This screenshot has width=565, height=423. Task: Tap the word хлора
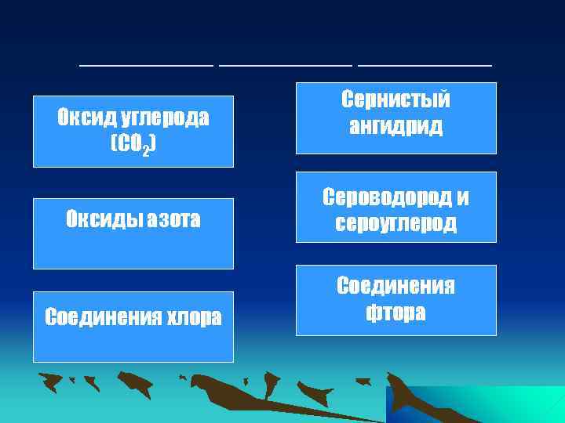pyautogui.click(x=188, y=317)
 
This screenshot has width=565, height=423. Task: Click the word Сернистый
pyautogui.click(x=395, y=99)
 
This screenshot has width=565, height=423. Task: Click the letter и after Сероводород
pyautogui.click(x=462, y=198)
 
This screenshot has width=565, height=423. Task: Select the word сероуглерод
pyautogui.click(x=395, y=224)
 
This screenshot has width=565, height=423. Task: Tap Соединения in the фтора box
pyautogui.click(x=395, y=287)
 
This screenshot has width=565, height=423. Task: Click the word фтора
pyautogui.click(x=395, y=313)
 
